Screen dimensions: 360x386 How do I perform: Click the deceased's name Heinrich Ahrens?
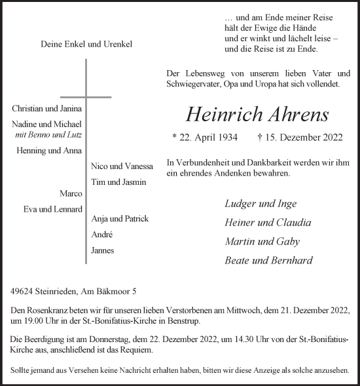tap(257, 114)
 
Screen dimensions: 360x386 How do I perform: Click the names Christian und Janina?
tap(47, 108)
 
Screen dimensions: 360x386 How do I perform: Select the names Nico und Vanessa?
tap(122, 166)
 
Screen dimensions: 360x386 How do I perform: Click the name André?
tap(102, 235)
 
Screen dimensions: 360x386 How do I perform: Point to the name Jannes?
tap(103, 250)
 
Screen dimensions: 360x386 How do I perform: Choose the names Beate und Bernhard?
tap(268, 260)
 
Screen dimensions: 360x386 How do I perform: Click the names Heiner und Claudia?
tap(268, 222)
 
